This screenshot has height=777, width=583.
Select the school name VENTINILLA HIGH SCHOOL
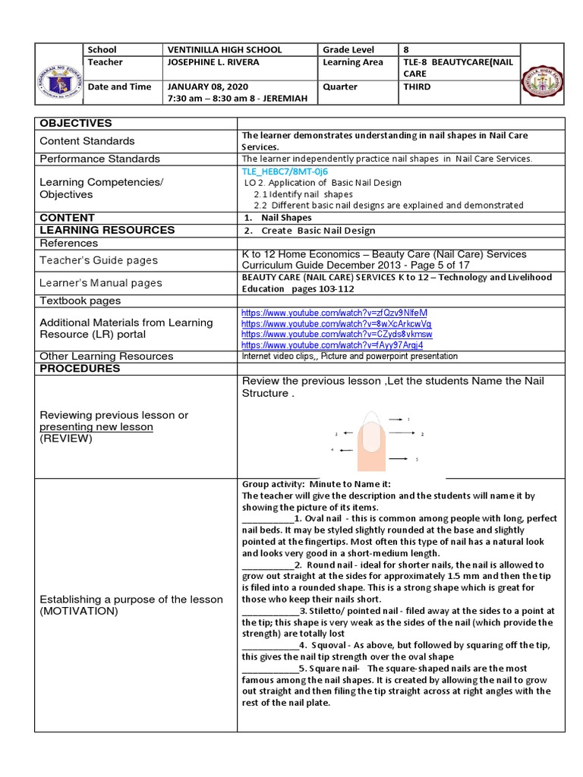coord(224,49)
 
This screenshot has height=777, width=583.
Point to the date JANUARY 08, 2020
coord(207,87)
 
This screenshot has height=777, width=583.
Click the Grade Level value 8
coord(405,49)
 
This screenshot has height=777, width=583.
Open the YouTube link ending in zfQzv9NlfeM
coord(334,313)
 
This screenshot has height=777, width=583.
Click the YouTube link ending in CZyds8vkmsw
coord(336,334)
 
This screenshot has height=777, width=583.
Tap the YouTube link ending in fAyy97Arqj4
coord(332,344)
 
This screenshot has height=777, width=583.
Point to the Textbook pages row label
coord(80,300)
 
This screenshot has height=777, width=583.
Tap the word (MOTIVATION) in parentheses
coord(79,611)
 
